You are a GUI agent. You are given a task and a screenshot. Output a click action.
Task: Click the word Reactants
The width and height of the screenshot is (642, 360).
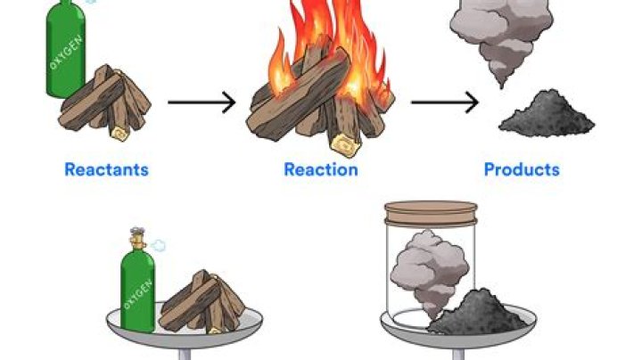point(106,169)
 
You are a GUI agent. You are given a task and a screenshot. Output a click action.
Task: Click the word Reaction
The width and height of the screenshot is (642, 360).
point(321,169)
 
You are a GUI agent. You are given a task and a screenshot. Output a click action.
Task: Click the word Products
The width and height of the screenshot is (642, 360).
point(522,169)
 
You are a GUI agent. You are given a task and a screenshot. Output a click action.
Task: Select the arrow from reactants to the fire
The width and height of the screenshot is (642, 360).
point(202,102)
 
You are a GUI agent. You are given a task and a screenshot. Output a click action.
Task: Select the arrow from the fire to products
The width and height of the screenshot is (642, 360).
point(445,102)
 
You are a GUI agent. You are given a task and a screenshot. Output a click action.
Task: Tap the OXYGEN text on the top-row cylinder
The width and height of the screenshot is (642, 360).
point(66,52)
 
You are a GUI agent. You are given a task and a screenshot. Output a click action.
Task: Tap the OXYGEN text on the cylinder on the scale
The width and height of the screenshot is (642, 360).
point(138,294)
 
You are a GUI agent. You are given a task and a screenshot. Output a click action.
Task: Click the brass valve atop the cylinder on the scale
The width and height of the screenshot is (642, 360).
point(137,239)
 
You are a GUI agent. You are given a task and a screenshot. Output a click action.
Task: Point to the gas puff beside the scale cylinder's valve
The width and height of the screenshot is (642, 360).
point(158,245)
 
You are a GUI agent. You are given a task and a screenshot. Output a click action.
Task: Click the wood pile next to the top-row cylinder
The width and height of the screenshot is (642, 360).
point(105,102)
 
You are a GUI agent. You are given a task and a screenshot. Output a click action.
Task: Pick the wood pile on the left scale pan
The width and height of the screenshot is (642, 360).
point(202,302)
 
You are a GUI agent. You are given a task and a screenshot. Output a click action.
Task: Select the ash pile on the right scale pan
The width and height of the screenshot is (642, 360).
point(476,312)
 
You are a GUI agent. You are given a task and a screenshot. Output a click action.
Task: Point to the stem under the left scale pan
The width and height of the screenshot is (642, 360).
point(185,355)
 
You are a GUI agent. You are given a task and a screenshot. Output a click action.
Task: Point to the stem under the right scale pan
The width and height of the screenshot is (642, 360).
point(458,355)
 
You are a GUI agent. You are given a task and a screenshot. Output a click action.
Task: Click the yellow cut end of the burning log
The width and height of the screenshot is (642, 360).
point(346,144)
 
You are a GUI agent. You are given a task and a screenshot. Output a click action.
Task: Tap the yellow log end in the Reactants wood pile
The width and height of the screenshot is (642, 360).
point(120,133)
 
